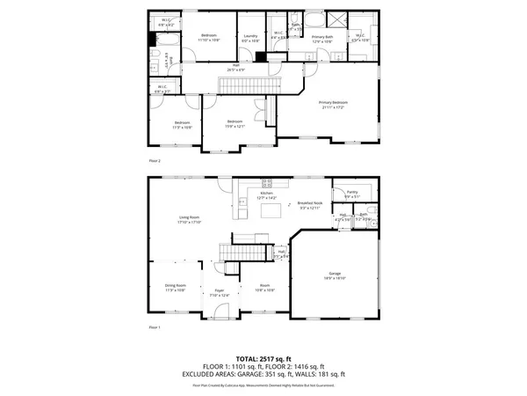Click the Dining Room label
[x=174, y=287]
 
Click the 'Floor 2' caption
[x=155, y=161]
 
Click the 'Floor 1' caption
[x=155, y=328]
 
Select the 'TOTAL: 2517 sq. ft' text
[x=263, y=358]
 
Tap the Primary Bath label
[x=320, y=38]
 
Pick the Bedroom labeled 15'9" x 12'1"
[x=235, y=124]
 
